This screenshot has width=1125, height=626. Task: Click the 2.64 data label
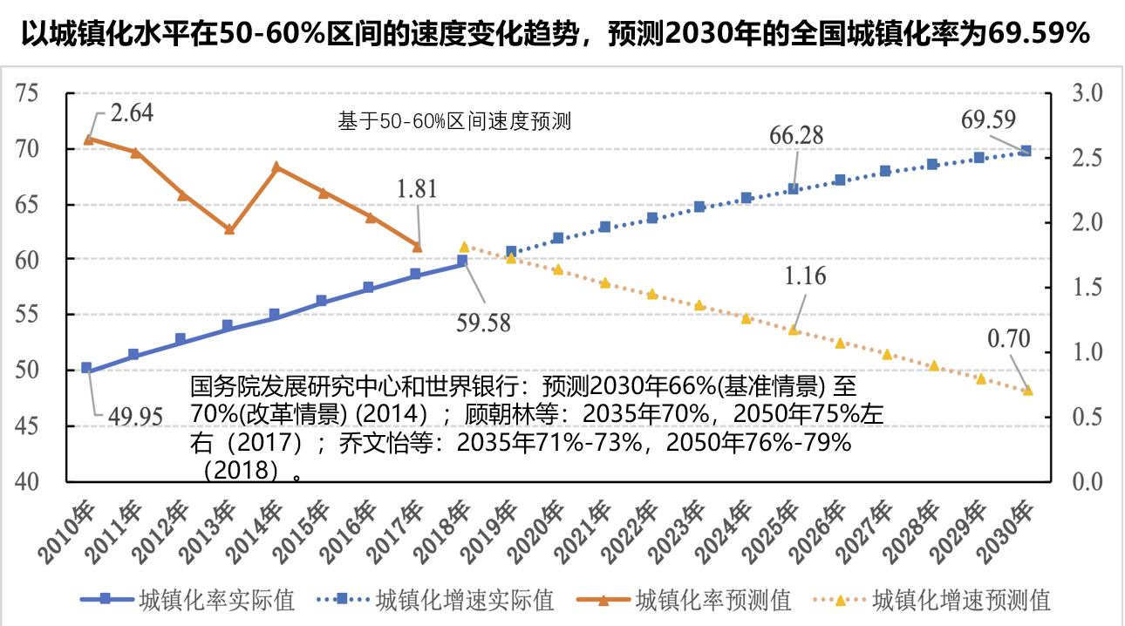coord(133,112)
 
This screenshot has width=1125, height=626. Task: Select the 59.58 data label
coord(483,323)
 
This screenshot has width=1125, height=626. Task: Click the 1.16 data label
coord(805,276)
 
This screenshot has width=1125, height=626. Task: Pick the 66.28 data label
coord(797,135)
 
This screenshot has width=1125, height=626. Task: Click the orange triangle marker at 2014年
coord(276,167)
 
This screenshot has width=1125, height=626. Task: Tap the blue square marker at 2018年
coord(462,260)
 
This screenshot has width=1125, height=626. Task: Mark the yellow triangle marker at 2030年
coord(1027,390)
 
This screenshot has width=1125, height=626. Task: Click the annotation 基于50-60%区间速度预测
coord(453,122)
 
